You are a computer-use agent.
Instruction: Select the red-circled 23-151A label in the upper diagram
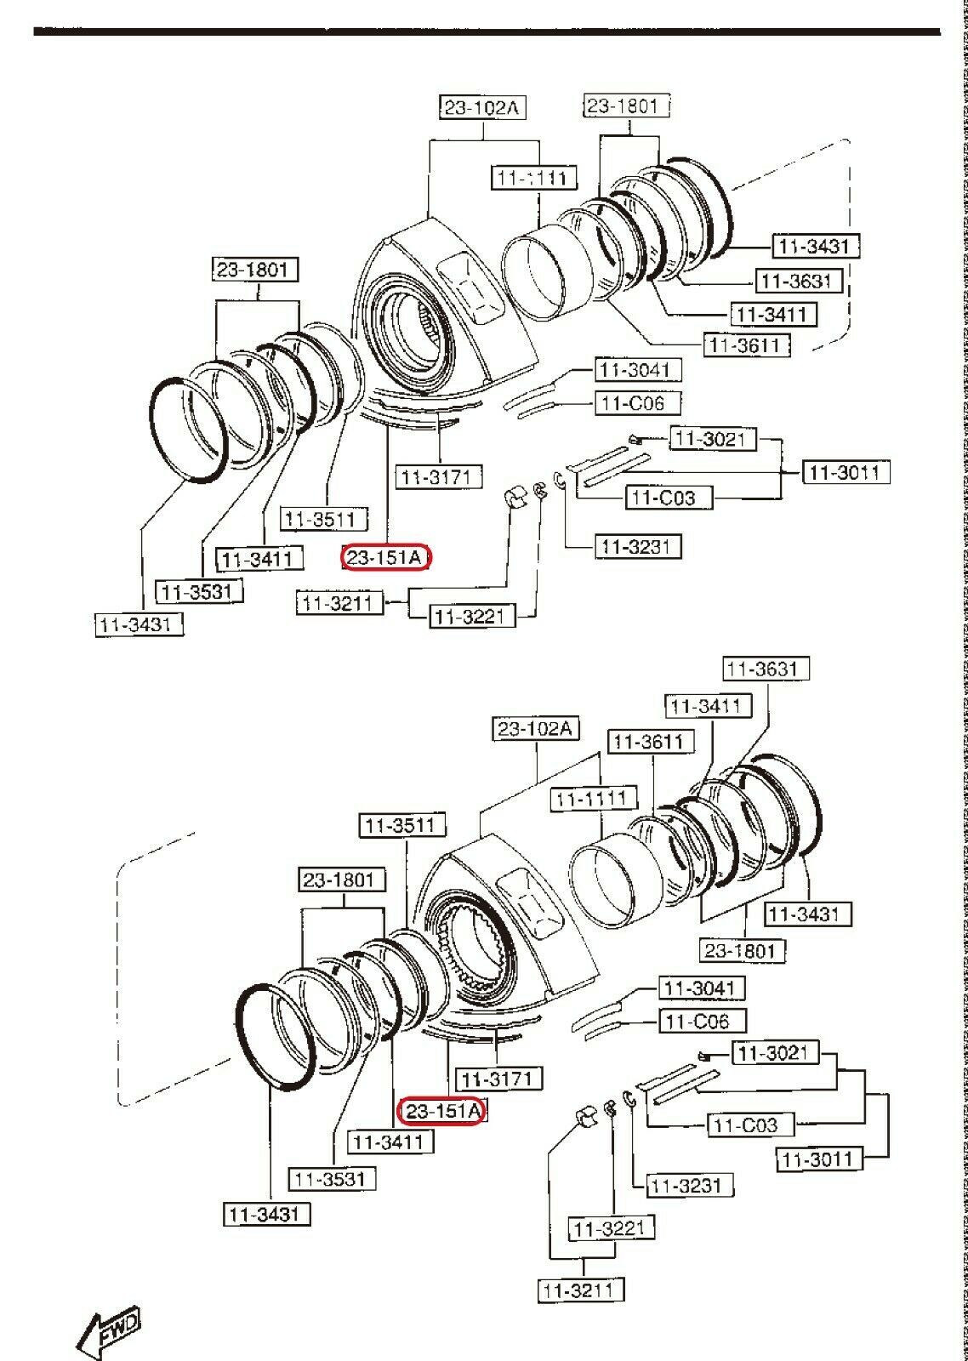387,557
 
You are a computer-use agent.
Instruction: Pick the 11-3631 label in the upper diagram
799,280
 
